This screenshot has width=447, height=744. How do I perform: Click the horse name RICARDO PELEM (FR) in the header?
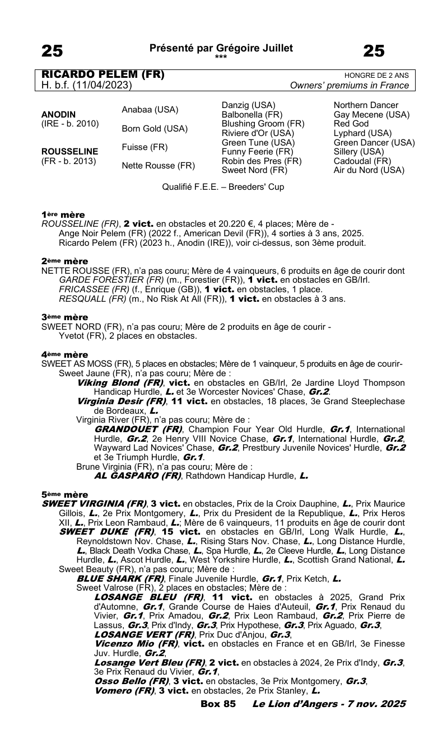pyautogui.click(x=103, y=74)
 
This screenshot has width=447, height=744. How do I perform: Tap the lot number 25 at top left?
pyautogui.click(x=52, y=52)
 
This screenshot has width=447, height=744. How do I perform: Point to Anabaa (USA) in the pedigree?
pyautogui.click(x=150, y=110)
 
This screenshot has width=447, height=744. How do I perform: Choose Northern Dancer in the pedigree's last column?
pyautogui.click(x=366, y=105)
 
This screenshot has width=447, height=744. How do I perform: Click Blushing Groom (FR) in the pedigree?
pyautogui.click(x=263, y=124)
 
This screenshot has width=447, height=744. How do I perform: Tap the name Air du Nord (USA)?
pyautogui.click(x=369, y=170)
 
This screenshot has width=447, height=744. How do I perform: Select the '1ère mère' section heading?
pyautogui.click(x=63, y=214)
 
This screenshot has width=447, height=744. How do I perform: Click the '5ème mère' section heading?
pyautogui.click(x=64, y=495)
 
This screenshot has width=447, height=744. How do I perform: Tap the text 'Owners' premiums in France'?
pyautogui.click(x=350, y=86)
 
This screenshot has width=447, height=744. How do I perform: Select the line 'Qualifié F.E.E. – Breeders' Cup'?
pyautogui.click(x=223, y=187)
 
